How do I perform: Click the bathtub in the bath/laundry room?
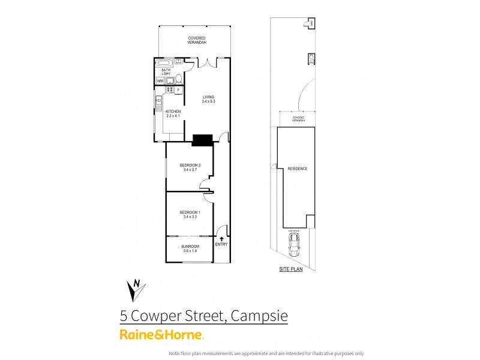pyautogui.click(x=164, y=62)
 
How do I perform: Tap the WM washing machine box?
pyautogui.click(x=160, y=81)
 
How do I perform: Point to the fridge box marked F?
pyautogui.click(x=178, y=91)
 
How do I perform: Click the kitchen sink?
pyautogui.click(x=160, y=103)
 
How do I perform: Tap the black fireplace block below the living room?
pyautogui.click(x=202, y=140)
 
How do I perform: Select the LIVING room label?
pyautogui.click(x=208, y=97)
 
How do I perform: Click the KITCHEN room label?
pyautogui.click(x=173, y=112)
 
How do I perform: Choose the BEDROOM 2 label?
pyautogui.click(x=190, y=165)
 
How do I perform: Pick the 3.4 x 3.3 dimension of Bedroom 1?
pyautogui.click(x=190, y=217)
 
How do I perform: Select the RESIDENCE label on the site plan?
pyautogui.click(x=297, y=169)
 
